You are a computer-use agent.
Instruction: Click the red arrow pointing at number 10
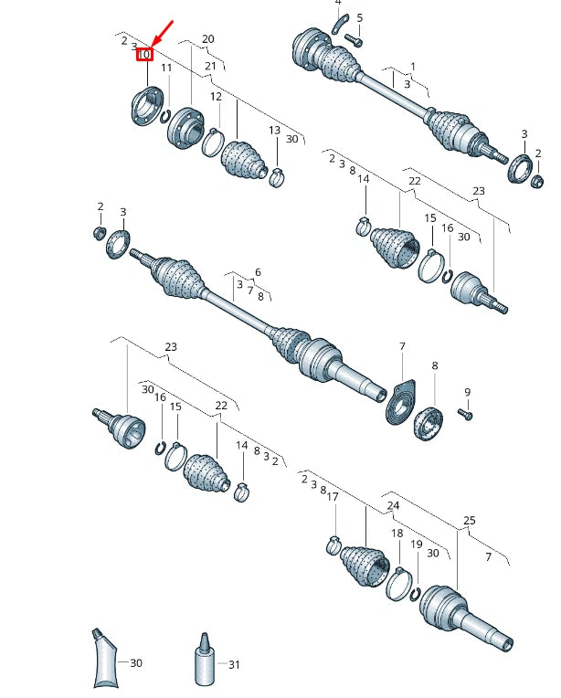coord(162,34)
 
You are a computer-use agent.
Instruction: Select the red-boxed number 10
coord(144,55)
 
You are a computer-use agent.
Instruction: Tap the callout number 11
coord(166,68)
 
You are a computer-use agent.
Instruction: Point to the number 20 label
coord(208,39)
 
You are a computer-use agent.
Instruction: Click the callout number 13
coord(275,130)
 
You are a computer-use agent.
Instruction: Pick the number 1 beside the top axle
coord(413,67)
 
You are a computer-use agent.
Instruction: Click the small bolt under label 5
coord(354,41)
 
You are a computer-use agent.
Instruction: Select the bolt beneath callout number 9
coord(465,415)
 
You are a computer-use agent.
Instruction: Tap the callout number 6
coord(258,272)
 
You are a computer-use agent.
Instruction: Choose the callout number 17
coord(333,496)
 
